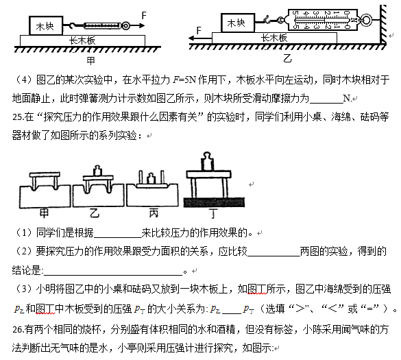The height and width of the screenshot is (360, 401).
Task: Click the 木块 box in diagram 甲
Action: click(x=46, y=25)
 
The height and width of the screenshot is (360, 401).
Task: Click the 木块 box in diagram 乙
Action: click(x=238, y=23)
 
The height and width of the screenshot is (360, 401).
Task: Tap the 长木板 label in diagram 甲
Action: click(x=82, y=40)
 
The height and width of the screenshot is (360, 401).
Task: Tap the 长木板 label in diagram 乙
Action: click(x=274, y=38)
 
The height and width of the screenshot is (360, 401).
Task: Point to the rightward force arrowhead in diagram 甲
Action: click(x=142, y=25)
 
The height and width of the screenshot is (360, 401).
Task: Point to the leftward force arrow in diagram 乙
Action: click(x=200, y=38)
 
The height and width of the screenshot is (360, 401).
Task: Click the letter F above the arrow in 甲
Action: click(x=144, y=15)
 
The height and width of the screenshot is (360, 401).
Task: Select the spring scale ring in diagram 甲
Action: click(x=125, y=25)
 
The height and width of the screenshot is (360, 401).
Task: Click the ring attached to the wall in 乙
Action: click(x=367, y=20)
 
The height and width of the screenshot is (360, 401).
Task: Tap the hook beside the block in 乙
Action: click(x=267, y=19)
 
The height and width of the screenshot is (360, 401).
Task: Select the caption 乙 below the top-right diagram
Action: click(x=287, y=58)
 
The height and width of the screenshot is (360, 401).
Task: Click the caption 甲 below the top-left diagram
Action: click(x=90, y=60)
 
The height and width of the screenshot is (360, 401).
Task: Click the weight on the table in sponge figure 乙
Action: click(x=97, y=171)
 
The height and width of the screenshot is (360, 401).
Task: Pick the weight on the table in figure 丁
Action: click(x=208, y=161)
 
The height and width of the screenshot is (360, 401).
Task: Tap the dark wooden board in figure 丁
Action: click(x=215, y=202)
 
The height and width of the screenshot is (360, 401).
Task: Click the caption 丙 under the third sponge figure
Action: click(x=154, y=213)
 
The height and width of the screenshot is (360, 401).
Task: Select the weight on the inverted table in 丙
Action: click(x=151, y=178)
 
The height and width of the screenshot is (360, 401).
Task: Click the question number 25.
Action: click(x=17, y=117)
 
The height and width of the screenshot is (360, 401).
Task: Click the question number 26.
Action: click(x=17, y=330)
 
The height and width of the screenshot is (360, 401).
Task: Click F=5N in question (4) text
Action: click(x=184, y=80)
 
